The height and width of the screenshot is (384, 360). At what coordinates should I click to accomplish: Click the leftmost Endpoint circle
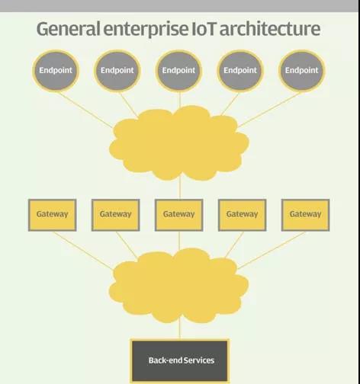click(x=56, y=71)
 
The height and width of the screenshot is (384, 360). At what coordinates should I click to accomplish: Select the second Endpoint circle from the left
click(x=117, y=71)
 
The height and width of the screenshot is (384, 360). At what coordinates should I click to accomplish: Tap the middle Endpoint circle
click(x=178, y=71)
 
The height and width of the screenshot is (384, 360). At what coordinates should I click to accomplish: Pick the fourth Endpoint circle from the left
click(x=240, y=71)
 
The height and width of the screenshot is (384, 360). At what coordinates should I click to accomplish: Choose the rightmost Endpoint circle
click(x=301, y=71)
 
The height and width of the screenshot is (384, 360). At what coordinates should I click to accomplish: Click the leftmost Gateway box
click(x=52, y=215)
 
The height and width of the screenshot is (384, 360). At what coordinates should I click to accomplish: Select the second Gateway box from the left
click(x=115, y=215)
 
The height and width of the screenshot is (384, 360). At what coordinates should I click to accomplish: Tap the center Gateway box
click(x=178, y=215)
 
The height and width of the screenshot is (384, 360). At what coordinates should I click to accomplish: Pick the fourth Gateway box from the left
click(x=242, y=215)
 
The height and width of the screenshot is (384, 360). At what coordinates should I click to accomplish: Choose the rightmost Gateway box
click(x=305, y=215)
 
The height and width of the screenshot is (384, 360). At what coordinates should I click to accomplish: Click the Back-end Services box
click(x=180, y=360)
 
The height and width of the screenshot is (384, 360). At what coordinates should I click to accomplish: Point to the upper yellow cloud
click(x=179, y=143)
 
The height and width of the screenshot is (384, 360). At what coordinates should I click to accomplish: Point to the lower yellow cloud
click(x=179, y=286)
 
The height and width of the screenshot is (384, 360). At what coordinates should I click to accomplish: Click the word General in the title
click(x=69, y=29)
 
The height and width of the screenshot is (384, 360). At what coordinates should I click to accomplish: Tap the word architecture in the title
click(x=270, y=28)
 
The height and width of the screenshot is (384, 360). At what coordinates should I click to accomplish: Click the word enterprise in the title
click(x=146, y=30)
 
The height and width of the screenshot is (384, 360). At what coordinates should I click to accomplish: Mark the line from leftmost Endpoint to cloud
click(x=85, y=110)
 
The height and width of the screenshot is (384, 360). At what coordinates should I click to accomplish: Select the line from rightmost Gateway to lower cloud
click(x=272, y=250)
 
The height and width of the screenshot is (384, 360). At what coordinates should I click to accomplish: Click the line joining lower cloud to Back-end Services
click(x=180, y=331)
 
